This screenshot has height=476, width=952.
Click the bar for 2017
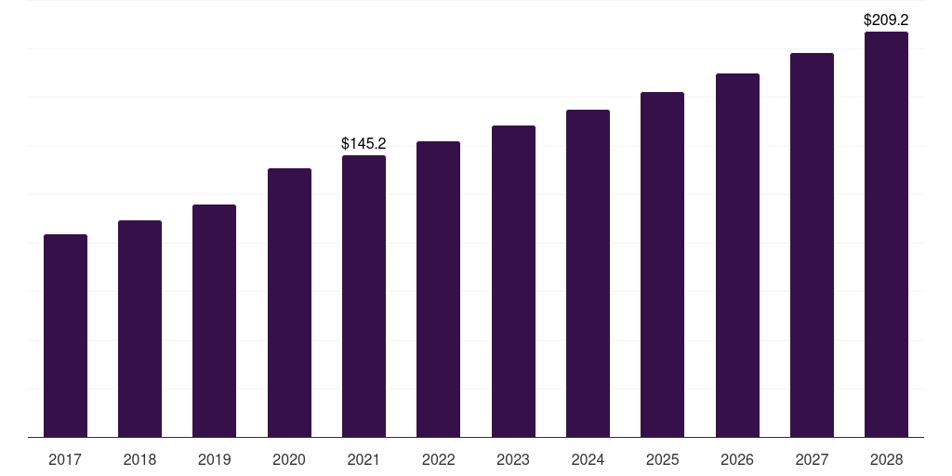65,336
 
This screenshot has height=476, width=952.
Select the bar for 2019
214,321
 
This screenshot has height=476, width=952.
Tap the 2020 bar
289,302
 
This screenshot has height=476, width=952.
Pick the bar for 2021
364,296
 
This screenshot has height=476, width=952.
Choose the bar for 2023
513,281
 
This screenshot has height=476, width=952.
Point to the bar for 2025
662,264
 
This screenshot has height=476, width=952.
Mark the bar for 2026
737,255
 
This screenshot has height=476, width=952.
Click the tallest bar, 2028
886,234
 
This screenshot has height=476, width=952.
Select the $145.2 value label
364,143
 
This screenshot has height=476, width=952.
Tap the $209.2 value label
886,19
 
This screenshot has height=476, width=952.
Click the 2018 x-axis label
139,459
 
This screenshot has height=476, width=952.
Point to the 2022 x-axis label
438,459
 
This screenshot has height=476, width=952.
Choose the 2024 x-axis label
588,459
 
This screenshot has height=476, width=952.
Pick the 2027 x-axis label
812,459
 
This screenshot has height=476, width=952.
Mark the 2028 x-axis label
886,459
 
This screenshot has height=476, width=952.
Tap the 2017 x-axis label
65,459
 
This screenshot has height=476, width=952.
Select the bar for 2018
139,328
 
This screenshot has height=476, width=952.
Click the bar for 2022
438,289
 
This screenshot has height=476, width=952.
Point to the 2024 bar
588,273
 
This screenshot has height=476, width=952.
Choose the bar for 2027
812,245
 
